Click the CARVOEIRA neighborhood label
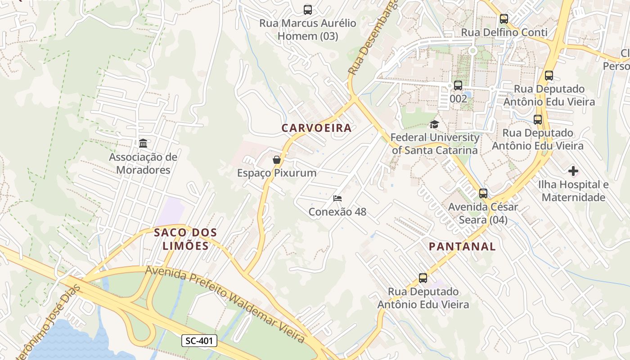tap(316, 128)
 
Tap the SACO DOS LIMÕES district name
tap(185, 239)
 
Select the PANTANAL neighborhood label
tap(462, 247)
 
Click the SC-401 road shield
tap(199, 341)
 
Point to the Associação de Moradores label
tap(143, 163)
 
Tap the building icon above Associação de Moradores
tap(143, 144)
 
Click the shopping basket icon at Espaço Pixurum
tap(277, 160)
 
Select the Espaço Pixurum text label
tap(277, 173)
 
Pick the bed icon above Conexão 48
tap(337, 198)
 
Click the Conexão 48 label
tap(337, 212)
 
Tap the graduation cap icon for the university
tap(434, 124)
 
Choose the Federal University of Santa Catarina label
tap(435, 144)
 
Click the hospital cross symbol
tap(573, 171)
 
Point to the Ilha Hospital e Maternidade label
tap(573, 191)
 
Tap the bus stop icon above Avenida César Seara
tap(483, 193)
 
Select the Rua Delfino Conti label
tap(504, 32)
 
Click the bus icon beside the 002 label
tap(458, 85)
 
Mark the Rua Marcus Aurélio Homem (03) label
tap(308, 30)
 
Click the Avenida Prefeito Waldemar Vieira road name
tap(225, 304)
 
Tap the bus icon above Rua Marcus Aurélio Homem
tap(308, 9)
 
